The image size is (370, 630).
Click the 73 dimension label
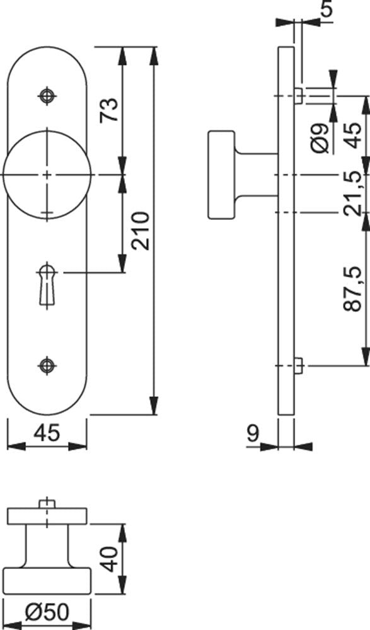(x=110, y=109)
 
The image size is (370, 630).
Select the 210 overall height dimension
(x=141, y=231)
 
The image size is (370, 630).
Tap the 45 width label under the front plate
(x=47, y=433)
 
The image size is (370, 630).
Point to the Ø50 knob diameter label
(x=47, y=612)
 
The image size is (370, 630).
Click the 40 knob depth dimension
(x=109, y=559)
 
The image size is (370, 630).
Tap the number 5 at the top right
(x=328, y=9)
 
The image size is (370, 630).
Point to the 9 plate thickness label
(x=253, y=433)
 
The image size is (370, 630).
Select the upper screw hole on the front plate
(x=47, y=96)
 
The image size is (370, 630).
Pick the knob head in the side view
(x=221, y=175)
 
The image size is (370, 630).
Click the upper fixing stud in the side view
(x=298, y=96)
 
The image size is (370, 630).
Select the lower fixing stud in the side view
(x=298, y=365)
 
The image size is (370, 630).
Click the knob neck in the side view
(x=256, y=175)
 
